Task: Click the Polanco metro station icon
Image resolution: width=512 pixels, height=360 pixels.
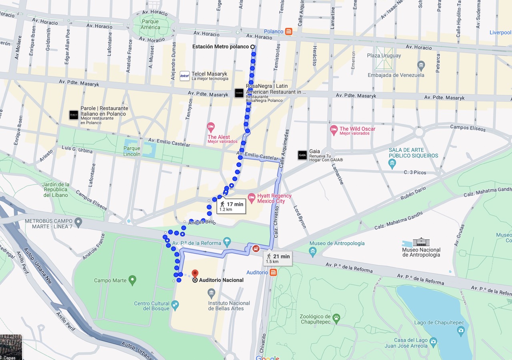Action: [289, 32]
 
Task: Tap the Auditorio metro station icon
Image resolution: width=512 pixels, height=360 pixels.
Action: [273, 272]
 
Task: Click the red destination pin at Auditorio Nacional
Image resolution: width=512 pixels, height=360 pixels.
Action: [195, 274]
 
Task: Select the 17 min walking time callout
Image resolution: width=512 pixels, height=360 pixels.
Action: [231, 206]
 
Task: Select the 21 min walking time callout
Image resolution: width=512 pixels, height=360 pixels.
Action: [278, 258]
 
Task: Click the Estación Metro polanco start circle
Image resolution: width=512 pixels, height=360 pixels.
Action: [252, 47]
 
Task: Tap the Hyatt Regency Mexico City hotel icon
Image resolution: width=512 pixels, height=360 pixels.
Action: [252, 197]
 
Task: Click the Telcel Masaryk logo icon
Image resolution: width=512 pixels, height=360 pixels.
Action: [184, 76]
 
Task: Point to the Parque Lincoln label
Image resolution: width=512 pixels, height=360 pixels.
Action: [132, 151]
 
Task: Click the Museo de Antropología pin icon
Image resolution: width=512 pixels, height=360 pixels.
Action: [313, 251]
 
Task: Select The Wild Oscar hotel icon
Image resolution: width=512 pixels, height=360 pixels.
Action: [334, 130]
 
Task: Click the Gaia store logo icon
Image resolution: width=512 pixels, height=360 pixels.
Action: [302, 155]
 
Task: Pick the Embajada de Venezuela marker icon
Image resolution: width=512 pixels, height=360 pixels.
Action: [421, 65]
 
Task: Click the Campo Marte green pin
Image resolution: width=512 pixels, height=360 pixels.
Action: [132, 280]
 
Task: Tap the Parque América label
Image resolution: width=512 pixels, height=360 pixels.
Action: [150, 24]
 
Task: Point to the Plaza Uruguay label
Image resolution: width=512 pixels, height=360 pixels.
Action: [384, 56]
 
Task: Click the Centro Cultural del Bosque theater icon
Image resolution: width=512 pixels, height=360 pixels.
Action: [175, 306]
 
